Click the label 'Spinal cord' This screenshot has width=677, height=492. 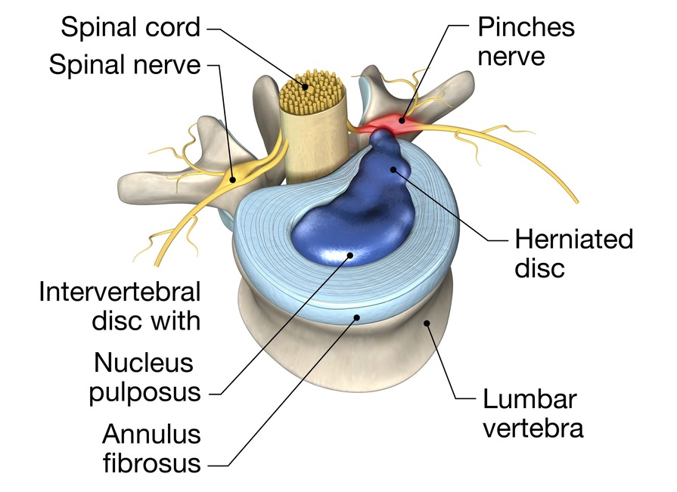pos(130,28)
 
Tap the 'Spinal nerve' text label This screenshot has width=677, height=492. pos(125,65)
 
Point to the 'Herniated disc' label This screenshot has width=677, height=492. pos(573,253)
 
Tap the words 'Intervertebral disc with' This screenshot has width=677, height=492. pos(120,305)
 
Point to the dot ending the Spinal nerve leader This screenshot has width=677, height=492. pos(232,179)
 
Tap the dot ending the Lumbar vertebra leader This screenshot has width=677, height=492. pos(427,323)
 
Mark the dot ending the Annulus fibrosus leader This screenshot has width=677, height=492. pos(357,320)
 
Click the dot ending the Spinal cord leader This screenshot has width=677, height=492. pos(305,86)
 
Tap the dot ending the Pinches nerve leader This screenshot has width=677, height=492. pos(404,119)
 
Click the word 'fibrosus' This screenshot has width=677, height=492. pos(152,463)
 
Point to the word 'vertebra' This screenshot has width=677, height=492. pos(533,428)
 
